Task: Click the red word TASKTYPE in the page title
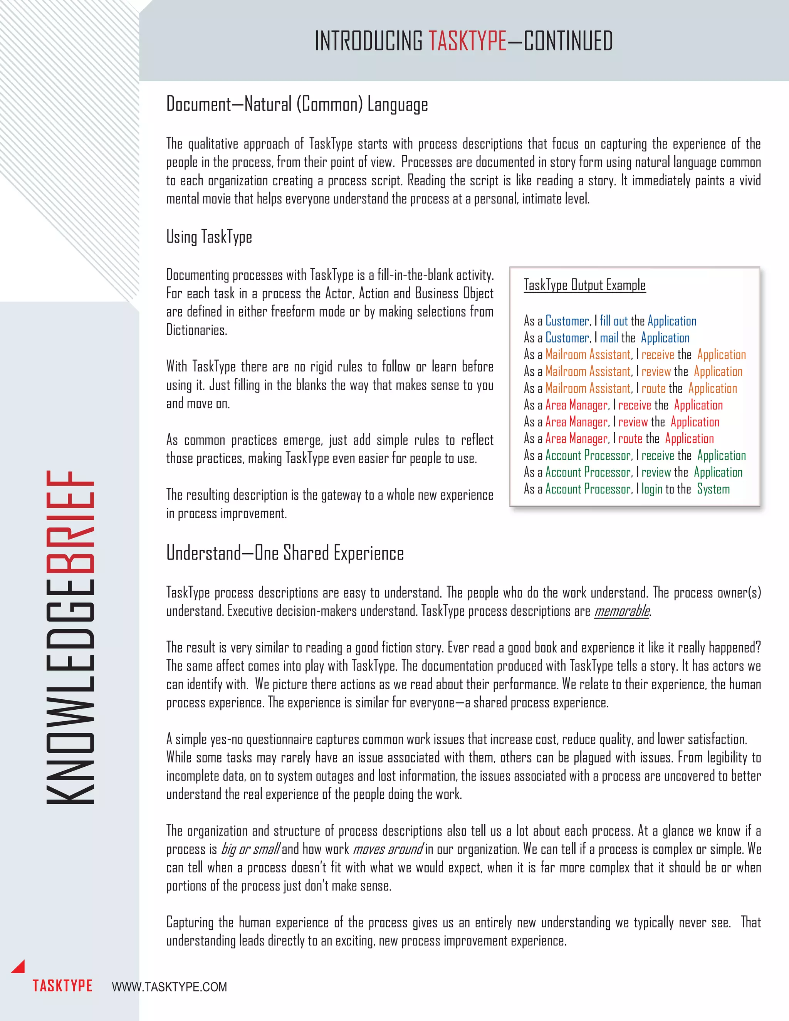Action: coord(467,41)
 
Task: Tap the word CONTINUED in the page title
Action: coord(568,41)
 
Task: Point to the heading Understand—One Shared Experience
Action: coord(285,553)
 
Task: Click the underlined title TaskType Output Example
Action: coord(584,285)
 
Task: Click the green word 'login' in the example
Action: coord(651,489)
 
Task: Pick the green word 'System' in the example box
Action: coord(713,489)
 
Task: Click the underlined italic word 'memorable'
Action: coord(622,611)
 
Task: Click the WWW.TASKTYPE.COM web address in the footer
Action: coord(169,987)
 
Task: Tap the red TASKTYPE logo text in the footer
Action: coord(62,986)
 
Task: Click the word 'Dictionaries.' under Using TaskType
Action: coord(196,331)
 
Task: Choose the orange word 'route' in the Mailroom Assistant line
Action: coord(653,388)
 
